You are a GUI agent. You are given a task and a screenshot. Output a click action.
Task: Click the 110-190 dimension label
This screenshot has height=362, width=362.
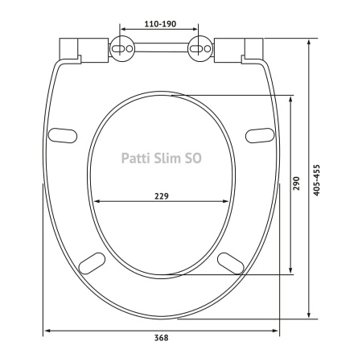(160, 24)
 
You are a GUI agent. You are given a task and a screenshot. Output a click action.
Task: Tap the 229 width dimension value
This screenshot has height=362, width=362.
(162, 196)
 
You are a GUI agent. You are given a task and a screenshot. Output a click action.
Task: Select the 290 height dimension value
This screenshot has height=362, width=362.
(296, 183)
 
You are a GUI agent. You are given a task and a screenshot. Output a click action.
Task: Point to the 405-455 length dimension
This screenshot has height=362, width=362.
(317, 180)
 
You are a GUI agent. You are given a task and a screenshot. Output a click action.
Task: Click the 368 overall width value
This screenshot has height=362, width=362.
(162, 338)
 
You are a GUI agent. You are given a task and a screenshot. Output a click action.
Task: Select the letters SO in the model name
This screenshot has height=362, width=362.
(192, 158)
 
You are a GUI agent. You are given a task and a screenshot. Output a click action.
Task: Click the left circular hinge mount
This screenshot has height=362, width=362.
(122, 48)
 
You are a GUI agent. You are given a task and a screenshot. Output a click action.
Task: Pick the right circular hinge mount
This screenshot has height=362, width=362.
(200, 48)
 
